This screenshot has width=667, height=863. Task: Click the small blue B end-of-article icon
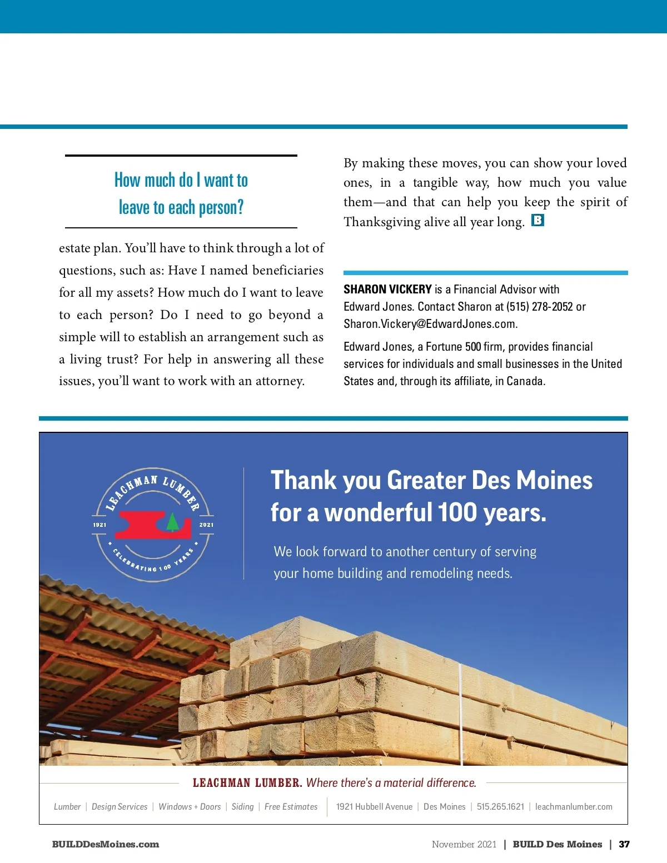(537, 220)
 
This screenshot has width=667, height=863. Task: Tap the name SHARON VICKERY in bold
(387, 289)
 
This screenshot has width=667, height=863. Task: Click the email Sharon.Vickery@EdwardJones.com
(430, 324)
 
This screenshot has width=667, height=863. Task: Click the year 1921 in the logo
(99, 525)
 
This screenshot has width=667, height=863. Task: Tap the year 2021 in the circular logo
(206, 525)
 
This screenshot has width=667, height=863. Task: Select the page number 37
(624, 844)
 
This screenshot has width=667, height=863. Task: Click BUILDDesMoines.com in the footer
(106, 844)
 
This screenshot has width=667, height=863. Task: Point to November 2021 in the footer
(464, 844)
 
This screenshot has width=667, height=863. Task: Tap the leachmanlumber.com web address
(574, 807)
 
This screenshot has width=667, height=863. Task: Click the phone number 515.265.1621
(500, 807)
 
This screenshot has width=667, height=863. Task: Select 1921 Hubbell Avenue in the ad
(374, 807)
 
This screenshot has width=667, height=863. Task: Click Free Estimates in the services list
(291, 807)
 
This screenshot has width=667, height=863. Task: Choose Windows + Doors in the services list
(190, 807)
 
